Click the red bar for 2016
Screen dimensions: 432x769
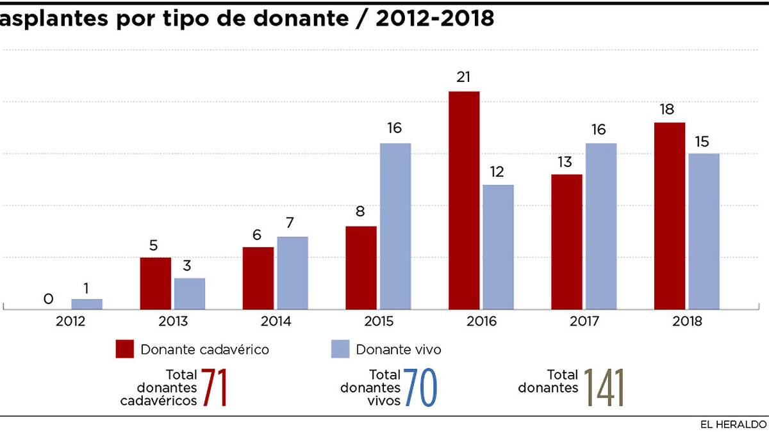[464, 200]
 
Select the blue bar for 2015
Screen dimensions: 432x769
[395, 226]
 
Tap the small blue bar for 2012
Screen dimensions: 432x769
[87, 304]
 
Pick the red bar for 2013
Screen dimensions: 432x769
[156, 284]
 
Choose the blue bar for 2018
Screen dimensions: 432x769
[704, 231]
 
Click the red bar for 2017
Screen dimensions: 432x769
[566, 241]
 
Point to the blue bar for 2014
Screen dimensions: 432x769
[292, 273]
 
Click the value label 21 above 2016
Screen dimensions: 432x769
[464, 77]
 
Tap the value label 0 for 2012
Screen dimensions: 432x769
[48, 299]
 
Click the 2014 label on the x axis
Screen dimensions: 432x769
[276, 321]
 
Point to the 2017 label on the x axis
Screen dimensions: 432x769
[584, 321]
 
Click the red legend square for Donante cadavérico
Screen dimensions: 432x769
[125, 349]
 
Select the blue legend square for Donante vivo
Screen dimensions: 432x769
[340, 349]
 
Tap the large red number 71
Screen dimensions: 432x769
[214, 388]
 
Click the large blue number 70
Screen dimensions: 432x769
[420, 388]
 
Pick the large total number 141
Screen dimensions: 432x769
[604, 388]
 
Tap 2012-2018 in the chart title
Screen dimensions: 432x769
[435, 19]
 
